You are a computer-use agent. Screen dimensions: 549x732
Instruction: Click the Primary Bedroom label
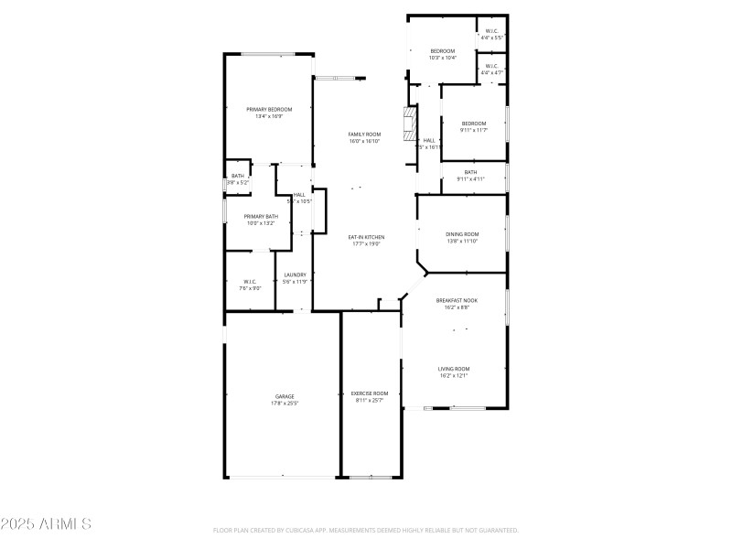268,109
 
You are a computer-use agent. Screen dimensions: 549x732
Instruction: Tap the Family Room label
363,135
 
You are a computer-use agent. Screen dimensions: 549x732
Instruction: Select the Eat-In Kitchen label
366,237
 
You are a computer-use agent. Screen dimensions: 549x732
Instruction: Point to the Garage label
284,396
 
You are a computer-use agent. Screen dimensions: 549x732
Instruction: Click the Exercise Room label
371,393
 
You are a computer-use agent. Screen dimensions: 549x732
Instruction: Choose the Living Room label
454,369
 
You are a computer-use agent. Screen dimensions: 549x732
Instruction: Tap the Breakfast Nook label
457,300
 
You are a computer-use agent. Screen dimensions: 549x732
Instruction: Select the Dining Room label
462,234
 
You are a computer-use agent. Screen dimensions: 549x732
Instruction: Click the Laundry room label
295,274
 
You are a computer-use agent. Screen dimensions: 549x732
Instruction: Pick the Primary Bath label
261,216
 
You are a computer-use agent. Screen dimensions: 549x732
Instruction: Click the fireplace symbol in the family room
411,123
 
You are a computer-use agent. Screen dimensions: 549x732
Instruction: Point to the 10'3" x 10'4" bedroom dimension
442,58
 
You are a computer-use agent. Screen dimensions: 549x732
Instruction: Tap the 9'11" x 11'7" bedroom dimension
473,130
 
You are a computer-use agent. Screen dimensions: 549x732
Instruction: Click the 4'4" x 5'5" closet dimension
491,38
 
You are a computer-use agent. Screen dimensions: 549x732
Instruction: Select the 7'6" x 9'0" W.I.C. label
249,288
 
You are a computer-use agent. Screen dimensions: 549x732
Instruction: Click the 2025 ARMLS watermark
46,524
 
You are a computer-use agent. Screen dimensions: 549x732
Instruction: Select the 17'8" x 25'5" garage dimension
284,403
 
